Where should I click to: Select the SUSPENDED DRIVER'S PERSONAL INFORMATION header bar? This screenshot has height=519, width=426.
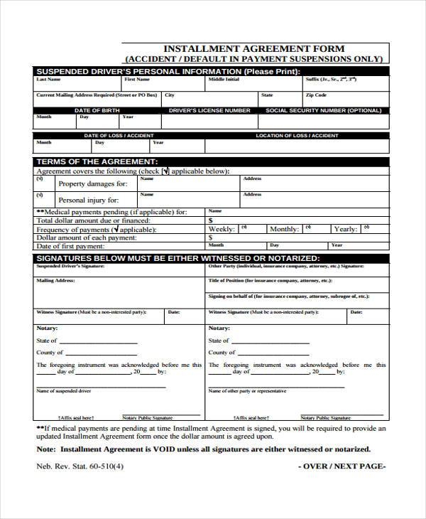[168, 72]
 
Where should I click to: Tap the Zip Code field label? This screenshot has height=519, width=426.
[316, 95]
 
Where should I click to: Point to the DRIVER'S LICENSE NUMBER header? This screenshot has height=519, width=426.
[209, 111]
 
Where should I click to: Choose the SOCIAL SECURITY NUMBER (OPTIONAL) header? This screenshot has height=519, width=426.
[323, 111]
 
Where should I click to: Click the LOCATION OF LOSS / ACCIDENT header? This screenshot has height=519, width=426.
[297, 135]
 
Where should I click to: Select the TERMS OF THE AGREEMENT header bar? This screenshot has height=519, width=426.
[97, 162]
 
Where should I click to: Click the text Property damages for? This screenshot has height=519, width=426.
[93, 183]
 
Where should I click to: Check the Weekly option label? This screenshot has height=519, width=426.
[222, 230]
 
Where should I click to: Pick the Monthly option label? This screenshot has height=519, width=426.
[284, 230]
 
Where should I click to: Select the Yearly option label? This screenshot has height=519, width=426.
[346, 230]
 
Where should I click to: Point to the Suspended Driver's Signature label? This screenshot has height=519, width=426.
[70, 266]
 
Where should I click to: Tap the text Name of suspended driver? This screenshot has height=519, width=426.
[64, 391]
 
